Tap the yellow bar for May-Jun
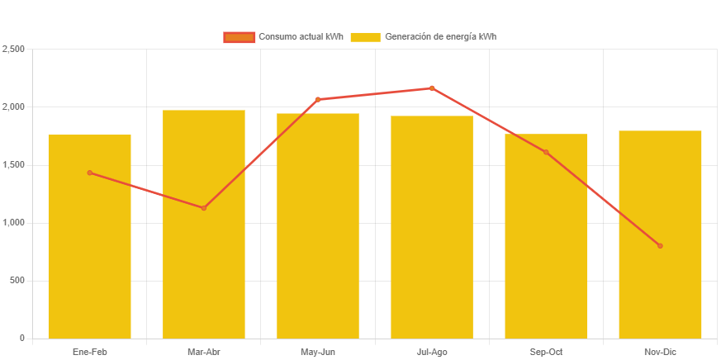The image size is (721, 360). click(x=318, y=231)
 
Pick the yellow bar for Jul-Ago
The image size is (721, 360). click(x=432, y=231)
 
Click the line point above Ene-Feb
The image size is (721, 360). click(x=89, y=173)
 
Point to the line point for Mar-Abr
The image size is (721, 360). click(x=203, y=208)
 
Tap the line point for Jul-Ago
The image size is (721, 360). click(x=432, y=88)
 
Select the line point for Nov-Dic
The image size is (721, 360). click(x=660, y=246)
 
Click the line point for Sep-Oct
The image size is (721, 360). click(x=546, y=152)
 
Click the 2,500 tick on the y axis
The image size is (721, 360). click(x=14, y=50)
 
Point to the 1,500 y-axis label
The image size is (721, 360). click(x=14, y=165)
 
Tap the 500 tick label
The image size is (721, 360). click(x=17, y=281)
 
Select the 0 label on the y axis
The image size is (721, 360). click(x=21, y=339)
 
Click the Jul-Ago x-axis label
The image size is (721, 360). click(x=432, y=353)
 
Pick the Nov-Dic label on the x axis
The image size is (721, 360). click(x=660, y=353)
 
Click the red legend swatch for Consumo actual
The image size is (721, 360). click(x=239, y=37)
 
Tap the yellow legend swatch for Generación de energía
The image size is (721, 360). click(x=365, y=37)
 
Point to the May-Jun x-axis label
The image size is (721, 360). click(x=318, y=353)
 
